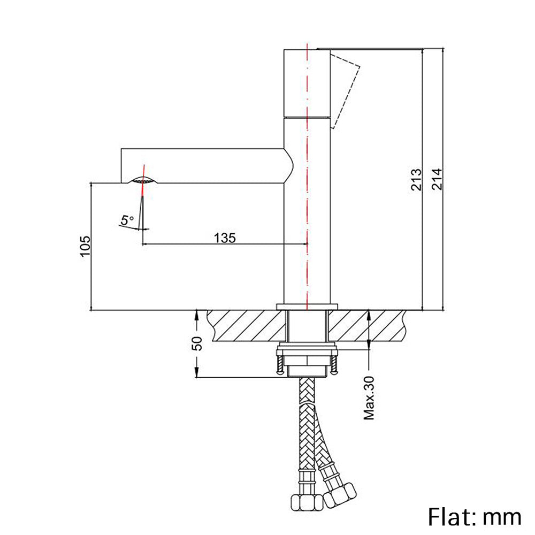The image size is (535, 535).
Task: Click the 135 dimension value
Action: pyautogui.click(x=225, y=238)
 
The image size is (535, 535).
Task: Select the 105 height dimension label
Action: pyautogui.click(x=85, y=246)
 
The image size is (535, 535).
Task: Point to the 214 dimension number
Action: pyautogui.click(x=436, y=179)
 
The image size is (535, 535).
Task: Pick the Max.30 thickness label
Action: pyautogui.click(x=369, y=397)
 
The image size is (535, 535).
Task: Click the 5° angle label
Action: pyautogui.click(x=127, y=220)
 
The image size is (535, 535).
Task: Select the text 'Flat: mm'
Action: pyautogui.click(x=474, y=516)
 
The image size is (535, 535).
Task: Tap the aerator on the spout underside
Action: pyautogui.click(x=143, y=181)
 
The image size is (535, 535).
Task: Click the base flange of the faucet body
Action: pyautogui.click(x=307, y=306)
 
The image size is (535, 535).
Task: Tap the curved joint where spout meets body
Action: pyautogui.click(x=291, y=166)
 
